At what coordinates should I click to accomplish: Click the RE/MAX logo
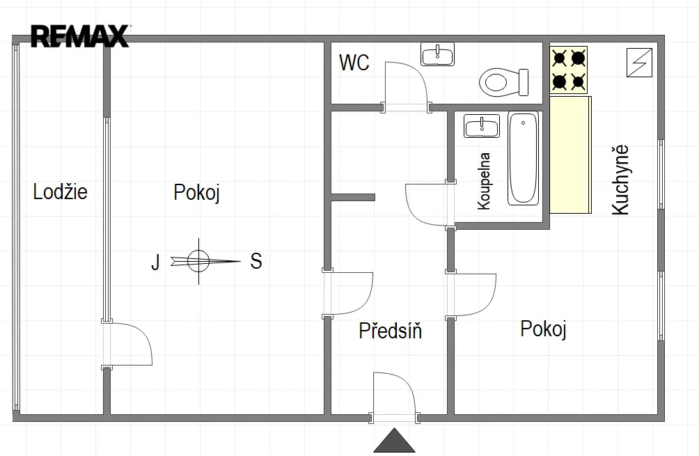tap(80, 36)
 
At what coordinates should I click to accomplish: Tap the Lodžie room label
tap(60, 191)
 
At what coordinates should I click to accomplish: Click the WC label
tap(354, 63)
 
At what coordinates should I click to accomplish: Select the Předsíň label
tap(390, 331)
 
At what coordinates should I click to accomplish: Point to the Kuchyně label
tap(620, 180)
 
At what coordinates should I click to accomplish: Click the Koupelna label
tap(484, 181)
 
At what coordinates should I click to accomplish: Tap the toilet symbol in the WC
tap(504, 82)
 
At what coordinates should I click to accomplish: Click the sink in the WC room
tap(437, 54)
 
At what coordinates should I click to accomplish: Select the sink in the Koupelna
tap(482, 126)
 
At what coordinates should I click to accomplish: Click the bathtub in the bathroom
tap(524, 158)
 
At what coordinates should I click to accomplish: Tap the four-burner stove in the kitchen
tap(568, 70)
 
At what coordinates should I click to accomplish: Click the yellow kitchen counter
tap(571, 155)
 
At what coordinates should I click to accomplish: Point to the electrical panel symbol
tap(639, 63)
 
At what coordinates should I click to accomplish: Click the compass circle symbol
tap(198, 261)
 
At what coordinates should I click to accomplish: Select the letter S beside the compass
tap(256, 261)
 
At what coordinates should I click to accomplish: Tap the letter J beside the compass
tap(155, 262)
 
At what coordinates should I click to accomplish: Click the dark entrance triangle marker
tap(394, 441)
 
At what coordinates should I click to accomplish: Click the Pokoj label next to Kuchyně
tap(543, 329)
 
